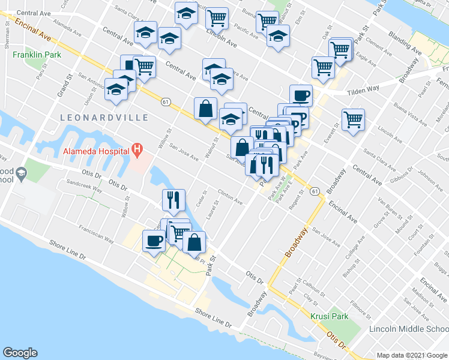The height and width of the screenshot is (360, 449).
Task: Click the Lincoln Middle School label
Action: (408, 329)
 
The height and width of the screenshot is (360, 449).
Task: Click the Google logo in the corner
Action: (20, 353)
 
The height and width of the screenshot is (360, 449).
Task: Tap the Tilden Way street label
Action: (364, 89)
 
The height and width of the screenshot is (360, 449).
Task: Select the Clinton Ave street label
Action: (229, 197)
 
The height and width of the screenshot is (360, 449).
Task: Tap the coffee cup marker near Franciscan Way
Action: (153, 241)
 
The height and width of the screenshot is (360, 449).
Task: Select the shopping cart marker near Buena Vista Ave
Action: (353, 119)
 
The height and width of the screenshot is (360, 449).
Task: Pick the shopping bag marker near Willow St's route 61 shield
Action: (205, 109)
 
